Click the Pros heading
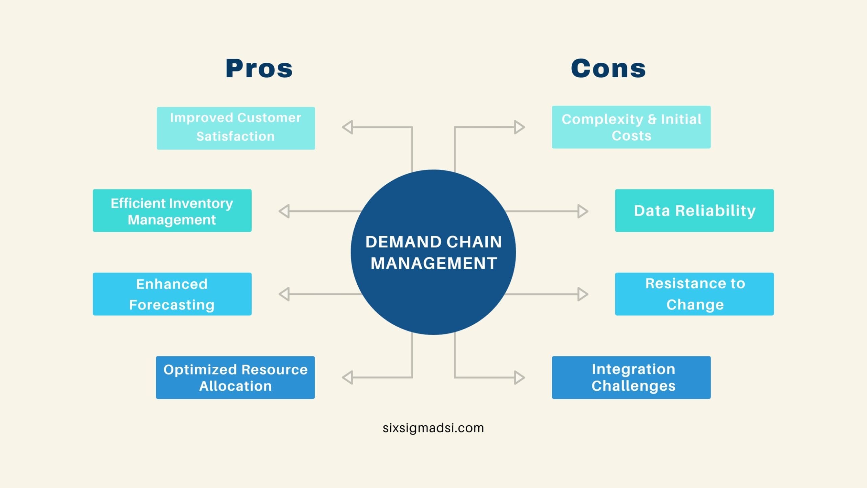pyautogui.click(x=259, y=68)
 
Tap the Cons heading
pyautogui.click(x=608, y=68)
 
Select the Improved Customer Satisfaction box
pyautogui.click(x=236, y=128)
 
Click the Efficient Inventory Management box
pyautogui.click(x=172, y=210)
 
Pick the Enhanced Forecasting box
pyautogui.click(x=172, y=294)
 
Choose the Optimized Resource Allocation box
pyautogui.click(x=235, y=377)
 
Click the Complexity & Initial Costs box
pyautogui.click(x=631, y=127)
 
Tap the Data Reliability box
pyautogui.click(x=694, y=210)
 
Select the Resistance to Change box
pyautogui.click(x=694, y=294)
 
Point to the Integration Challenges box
pyautogui.click(x=631, y=377)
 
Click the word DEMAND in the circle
pyautogui.click(x=403, y=242)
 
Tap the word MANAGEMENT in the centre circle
pyautogui.click(x=434, y=263)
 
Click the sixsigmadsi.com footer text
pyautogui.click(x=433, y=428)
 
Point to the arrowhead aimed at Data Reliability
pyautogui.click(x=583, y=211)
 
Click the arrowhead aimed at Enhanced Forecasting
pyautogui.click(x=284, y=294)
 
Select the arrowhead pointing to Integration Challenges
pyautogui.click(x=520, y=378)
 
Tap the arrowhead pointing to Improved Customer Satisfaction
pyautogui.click(x=347, y=127)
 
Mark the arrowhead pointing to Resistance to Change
pyautogui.click(x=583, y=294)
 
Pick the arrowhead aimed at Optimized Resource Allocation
pyautogui.click(x=347, y=378)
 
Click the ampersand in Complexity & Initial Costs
pyautogui.click(x=652, y=119)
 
